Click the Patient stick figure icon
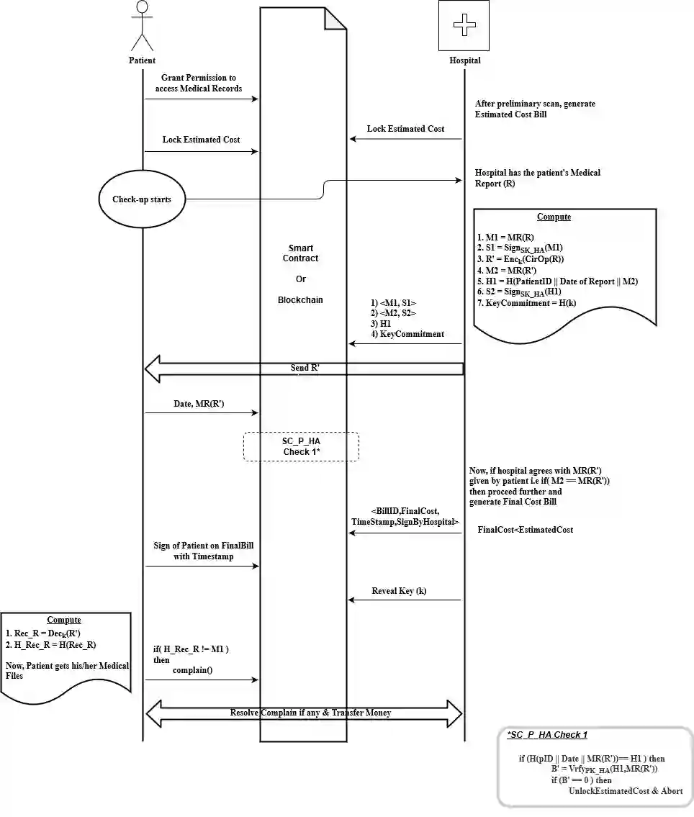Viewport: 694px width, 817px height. [142, 26]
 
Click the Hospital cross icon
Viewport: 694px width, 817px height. [464, 26]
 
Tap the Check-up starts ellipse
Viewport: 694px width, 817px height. [142, 199]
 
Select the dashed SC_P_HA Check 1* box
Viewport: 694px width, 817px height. [301, 446]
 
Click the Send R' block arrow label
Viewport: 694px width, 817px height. [305, 369]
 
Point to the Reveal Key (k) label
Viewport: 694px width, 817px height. [399, 591]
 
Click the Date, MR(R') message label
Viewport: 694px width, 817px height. [199, 405]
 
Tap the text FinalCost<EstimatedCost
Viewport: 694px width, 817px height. [525, 530]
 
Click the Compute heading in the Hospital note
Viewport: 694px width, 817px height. [554, 217]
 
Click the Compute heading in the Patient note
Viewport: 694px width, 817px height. [64, 620]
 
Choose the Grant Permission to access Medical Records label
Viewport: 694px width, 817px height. [199, 83]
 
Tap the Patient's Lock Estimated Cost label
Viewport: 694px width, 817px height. [201, 140]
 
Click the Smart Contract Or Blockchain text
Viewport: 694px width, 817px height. [301, 274]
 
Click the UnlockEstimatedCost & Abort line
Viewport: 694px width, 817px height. [626, 791]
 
